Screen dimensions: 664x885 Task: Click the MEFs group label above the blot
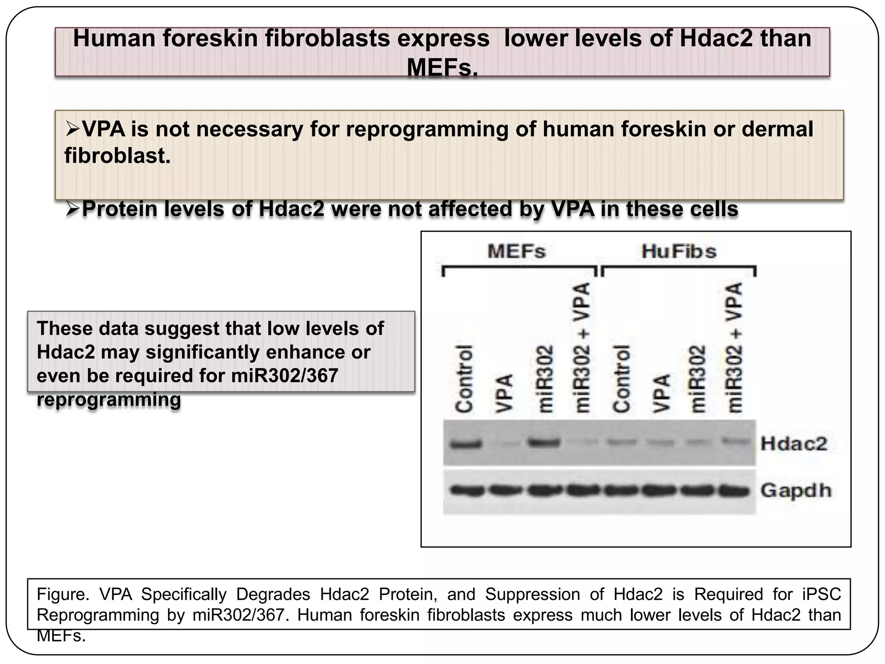tap(516, 251)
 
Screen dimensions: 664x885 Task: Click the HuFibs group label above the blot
tap(679, 251)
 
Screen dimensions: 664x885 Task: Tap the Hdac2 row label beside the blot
tap(794, 444)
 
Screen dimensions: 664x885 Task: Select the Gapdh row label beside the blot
tap(796, 491)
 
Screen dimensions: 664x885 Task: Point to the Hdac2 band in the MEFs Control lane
tap(465, 444)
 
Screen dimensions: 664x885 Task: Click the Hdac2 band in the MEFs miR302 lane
tap(544, 442)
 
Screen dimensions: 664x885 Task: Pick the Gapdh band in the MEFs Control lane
tap(467, 491)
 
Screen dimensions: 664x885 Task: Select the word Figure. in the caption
tap(63, 594)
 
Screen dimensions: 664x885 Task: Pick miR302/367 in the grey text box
tap(284, 375)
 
